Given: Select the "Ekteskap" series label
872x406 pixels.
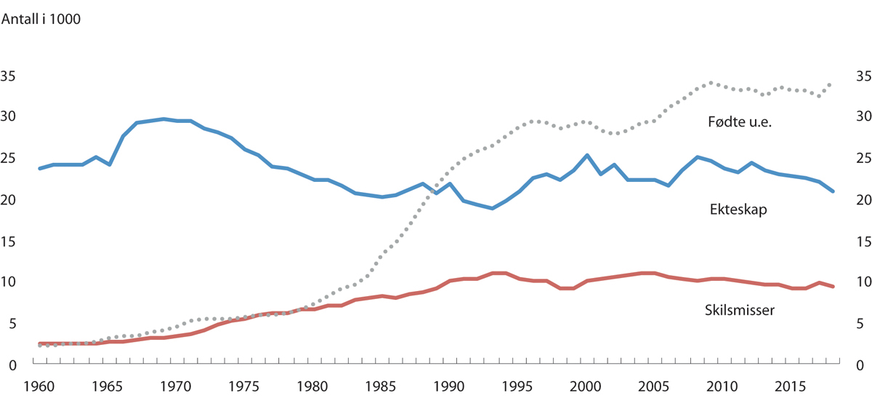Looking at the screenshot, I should point(739,210).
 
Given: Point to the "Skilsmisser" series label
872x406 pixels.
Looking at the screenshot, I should point(740,310).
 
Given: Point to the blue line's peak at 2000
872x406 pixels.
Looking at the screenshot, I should point(587,155).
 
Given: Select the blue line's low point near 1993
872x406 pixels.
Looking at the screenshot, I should point(491,208).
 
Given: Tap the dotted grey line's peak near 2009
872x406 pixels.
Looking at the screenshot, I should point(711,83).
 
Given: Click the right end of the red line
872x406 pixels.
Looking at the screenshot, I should point(833,287).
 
